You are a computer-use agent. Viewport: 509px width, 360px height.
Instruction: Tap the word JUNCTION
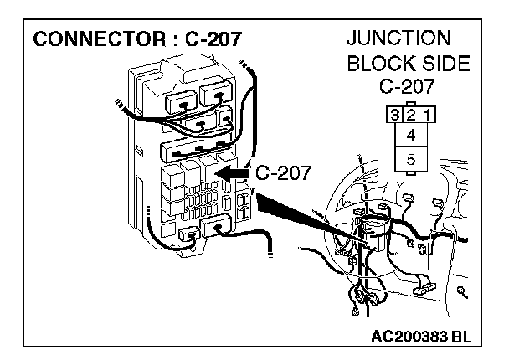pyautogui.click(x=398, y=39)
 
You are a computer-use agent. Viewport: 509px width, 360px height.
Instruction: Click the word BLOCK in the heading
pyautogui.click(x=378, y=63)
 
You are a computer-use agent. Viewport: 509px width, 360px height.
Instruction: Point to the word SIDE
pyautogui.click(x=441, y=63)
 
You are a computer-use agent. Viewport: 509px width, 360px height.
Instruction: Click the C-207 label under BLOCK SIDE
pyautogui.click(x=409, y=86)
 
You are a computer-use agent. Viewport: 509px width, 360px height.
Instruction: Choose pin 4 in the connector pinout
pyautogui.click(x=409, y=134)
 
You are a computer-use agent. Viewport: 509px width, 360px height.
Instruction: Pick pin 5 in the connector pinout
pyautogui.click(x=409, y=158)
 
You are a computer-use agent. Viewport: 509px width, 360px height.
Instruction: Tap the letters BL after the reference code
pyautogui.click(x=460, y=337)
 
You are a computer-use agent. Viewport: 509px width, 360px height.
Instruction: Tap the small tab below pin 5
pyautogui.click(x=409, y=173)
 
